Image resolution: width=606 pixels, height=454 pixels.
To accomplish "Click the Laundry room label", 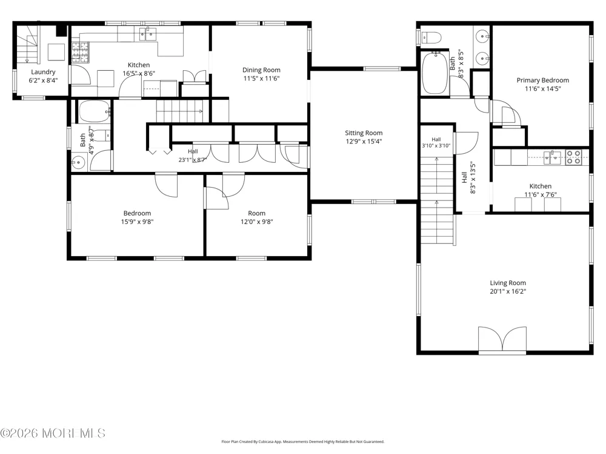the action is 43,72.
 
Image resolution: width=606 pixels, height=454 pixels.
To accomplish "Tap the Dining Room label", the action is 261,70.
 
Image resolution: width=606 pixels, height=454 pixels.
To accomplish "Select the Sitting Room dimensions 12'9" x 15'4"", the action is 364,141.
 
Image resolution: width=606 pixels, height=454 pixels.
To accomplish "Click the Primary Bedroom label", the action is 542,81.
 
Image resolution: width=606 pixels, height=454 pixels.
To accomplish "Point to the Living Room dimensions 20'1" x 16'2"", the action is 508,292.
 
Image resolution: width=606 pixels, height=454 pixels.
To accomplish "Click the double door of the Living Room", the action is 502,340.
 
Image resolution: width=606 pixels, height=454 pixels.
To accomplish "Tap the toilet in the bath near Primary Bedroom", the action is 431,38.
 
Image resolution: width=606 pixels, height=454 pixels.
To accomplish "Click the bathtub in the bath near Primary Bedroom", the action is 435,73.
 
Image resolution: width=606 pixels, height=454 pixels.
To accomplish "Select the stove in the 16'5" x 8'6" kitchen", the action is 81,53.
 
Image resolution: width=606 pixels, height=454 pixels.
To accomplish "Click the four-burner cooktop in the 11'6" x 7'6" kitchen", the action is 573,157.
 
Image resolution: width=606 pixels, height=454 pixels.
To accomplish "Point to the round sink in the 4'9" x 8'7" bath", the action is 79,162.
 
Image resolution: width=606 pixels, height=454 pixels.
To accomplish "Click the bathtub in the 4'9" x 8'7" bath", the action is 95,111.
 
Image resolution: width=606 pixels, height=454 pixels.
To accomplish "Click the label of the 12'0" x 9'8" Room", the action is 256,213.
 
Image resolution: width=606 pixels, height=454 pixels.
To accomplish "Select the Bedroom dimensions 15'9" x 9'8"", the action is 137,222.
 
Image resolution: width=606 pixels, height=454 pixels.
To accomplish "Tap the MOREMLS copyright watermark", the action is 53,433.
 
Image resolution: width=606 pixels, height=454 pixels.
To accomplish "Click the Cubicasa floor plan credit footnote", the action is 302,442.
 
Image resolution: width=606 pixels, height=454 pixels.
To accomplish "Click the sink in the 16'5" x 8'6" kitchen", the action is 148,34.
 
